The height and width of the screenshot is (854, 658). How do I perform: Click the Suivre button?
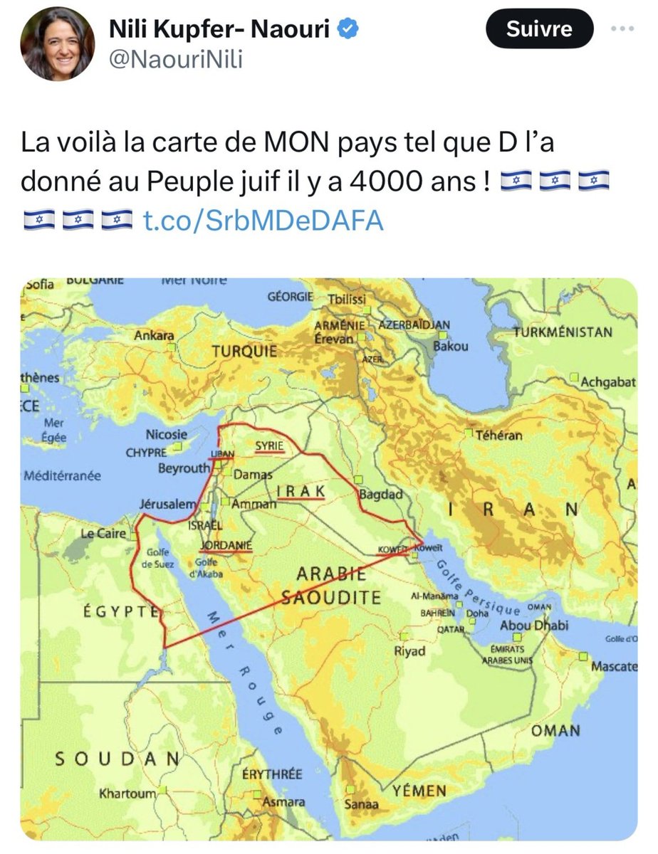click(540, 29)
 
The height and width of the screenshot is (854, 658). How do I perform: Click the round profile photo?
click(57, 46)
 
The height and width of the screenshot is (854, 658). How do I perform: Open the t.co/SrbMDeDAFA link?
click(263, 221)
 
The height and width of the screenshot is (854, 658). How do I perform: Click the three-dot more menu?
click(625, 29)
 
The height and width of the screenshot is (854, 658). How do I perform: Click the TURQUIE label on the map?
click(244, 352)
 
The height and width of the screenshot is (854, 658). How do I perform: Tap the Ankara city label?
click(153, 335)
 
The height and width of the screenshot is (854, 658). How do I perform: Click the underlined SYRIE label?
click(270, 446)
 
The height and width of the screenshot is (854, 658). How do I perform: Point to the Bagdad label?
click(382, 494)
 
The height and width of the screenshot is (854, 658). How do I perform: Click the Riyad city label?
click(409, 651)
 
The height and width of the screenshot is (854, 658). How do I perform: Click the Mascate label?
click(613, 668)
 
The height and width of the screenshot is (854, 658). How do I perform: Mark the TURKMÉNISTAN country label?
click(563, 332)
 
